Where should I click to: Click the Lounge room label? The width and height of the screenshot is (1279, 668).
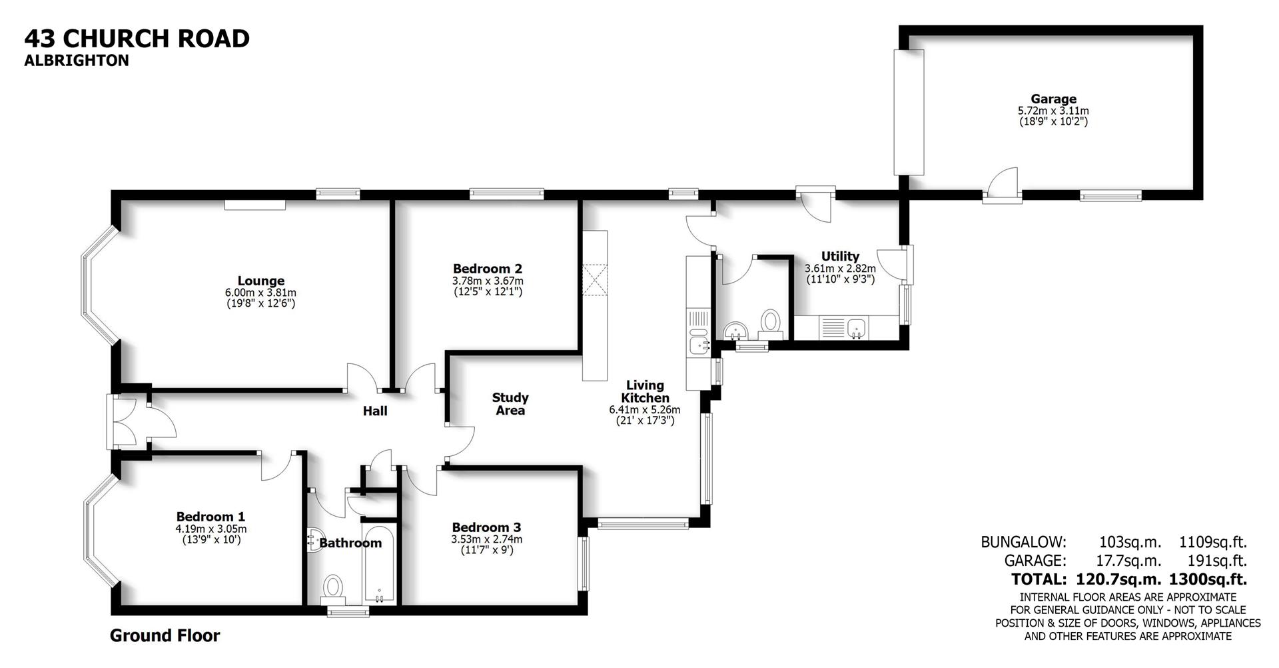pos(260,281)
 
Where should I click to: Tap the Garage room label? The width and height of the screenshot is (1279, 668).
pos(1053,99)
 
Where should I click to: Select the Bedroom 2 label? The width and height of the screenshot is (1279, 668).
pos(487,269)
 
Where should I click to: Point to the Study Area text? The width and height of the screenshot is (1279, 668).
pos(510,404)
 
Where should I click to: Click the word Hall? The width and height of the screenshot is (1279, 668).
pos(375,411)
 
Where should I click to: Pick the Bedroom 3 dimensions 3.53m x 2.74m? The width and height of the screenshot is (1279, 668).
pos(487,539)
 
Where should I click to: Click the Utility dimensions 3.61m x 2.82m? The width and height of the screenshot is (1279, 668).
pos(840,269)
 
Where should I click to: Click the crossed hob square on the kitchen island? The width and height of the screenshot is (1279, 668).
pos(595,279)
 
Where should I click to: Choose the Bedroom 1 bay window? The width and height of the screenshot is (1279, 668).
pos(98,533)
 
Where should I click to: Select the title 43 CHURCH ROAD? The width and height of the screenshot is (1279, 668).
pos(137,38)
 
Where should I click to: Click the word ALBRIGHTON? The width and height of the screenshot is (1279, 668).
pos(77,61)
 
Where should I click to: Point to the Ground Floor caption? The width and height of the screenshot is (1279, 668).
pos(165,636)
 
